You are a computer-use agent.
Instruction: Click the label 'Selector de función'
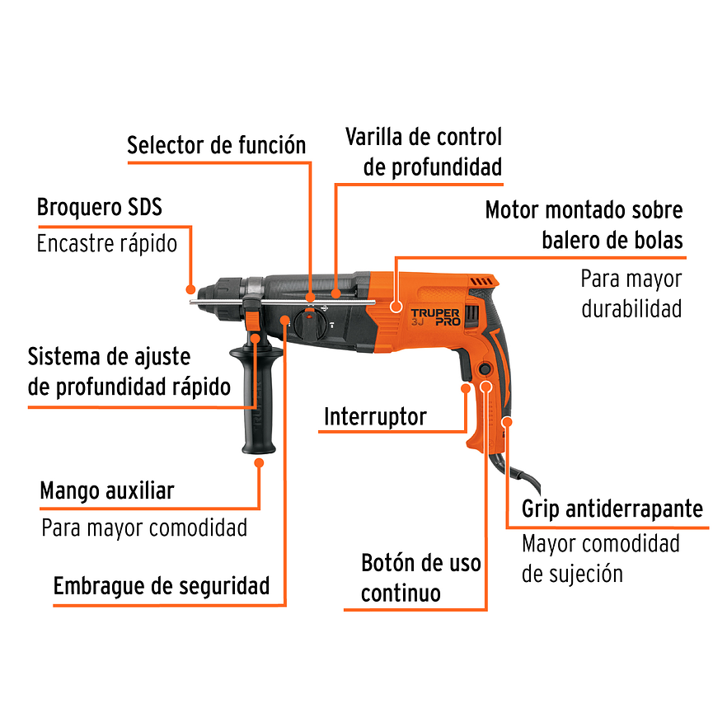coord(216,146)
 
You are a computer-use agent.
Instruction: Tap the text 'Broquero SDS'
coord(99,207)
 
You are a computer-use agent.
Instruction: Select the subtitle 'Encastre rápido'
coord(107,244)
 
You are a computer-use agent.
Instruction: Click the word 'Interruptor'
coord(375,416)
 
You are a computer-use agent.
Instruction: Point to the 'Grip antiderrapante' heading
coord(612,509)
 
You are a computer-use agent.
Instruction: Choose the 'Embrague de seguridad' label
coord(162,586)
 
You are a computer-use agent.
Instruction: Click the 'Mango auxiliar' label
coord(107,491)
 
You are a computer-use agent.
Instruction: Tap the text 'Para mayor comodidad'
coord(144,528)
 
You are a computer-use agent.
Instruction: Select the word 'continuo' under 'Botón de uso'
coord(401,593)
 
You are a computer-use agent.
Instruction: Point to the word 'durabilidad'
coord(631,308)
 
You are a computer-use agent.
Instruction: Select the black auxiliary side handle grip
coord(258,404)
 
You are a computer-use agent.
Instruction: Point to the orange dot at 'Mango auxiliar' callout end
coord(259,463)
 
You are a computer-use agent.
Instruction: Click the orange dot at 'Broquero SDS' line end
coord(190,289)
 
